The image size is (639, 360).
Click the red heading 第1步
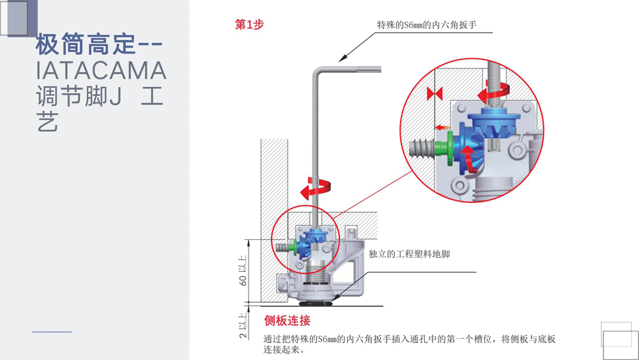tap(249, 25)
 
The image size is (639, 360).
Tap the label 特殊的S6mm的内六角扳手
tap(427, 26)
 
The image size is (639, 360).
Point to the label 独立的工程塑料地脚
tap(409, 254)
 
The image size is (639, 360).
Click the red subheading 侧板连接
tap(287, 320)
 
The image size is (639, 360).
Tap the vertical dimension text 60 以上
tap(243, 269)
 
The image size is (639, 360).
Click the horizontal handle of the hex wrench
tap(358, 69)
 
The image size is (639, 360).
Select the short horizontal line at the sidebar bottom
tap(52, 332)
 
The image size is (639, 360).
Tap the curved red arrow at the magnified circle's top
tap(496, 93)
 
